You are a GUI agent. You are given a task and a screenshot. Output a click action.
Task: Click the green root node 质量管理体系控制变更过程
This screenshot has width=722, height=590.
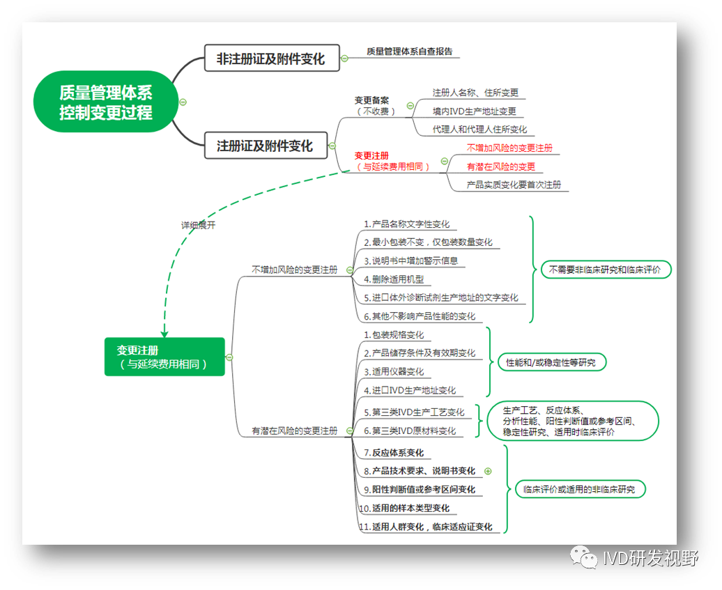coord(106,102)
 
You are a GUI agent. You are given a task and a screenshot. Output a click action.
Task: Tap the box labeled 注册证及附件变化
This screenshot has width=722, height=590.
coord(265,146)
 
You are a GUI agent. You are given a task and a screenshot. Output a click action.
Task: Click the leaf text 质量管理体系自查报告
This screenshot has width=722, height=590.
coord(410,51)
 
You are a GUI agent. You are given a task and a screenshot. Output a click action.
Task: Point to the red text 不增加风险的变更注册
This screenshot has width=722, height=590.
coord(509,148)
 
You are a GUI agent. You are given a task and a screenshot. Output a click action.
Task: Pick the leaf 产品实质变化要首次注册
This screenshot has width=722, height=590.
coord(514,185)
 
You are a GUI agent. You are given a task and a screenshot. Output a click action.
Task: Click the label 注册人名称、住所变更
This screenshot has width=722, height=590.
coord(475,93)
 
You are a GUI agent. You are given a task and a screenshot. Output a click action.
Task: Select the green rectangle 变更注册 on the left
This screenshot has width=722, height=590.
coord(164,357)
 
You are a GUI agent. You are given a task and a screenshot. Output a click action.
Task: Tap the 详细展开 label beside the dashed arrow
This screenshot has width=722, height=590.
coord(199,225)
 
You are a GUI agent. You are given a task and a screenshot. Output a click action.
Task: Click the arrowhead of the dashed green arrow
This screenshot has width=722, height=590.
coord(164,332)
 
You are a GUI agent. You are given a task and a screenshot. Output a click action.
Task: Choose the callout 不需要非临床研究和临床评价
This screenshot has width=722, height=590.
coord(606,270)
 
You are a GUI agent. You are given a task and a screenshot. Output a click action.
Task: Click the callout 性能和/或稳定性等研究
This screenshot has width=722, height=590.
coord(551,362)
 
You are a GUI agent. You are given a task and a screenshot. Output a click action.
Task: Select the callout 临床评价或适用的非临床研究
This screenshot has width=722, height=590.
coord(579,489)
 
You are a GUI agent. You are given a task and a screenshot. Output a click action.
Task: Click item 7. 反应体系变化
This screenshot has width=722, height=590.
coord(393,453)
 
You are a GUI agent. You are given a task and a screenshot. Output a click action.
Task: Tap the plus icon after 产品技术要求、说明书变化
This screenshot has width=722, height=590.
coord(488,471)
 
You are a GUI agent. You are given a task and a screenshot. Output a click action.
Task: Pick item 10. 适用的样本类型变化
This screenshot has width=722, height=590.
coord(404,508)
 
